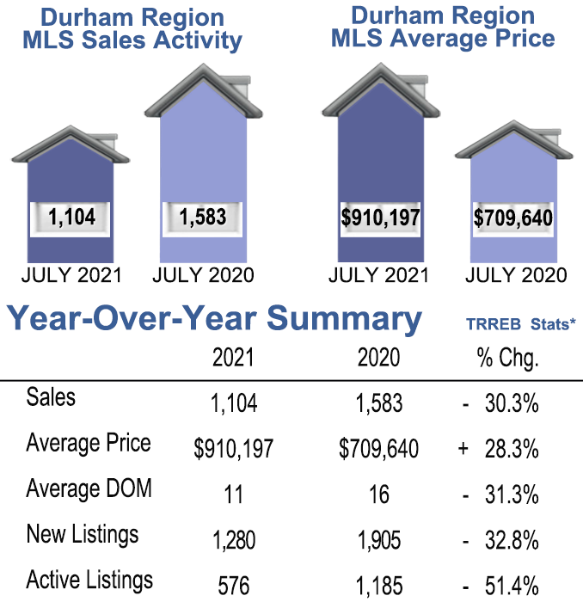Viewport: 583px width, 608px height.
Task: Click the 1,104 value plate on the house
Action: point(71,218)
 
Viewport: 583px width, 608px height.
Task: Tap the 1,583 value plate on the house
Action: point(203,218)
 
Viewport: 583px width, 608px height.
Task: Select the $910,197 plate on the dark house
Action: point(378,217)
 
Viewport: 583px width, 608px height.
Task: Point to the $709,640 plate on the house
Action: point(513,218)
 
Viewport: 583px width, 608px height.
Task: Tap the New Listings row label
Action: point(83,535)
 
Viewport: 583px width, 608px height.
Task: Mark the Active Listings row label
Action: point(89,580)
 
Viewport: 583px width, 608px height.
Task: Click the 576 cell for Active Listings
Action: point(233,587)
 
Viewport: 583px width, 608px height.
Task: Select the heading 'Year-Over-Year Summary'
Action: point(215,319)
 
